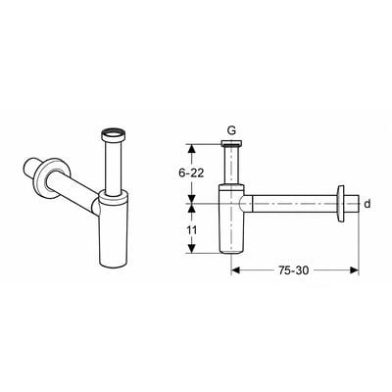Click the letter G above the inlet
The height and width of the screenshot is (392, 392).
231,131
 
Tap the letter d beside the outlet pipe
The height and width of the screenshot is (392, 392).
367,204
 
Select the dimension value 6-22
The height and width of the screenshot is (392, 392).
191,172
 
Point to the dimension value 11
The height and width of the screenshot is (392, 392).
192,230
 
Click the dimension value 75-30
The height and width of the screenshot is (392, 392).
293,270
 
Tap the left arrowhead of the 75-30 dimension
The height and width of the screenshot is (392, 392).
236,269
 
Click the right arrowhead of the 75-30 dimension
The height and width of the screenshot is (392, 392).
355,269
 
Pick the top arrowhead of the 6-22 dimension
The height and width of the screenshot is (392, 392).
192,149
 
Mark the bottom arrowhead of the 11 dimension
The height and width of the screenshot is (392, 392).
192,248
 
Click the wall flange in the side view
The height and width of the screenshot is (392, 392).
340,204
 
